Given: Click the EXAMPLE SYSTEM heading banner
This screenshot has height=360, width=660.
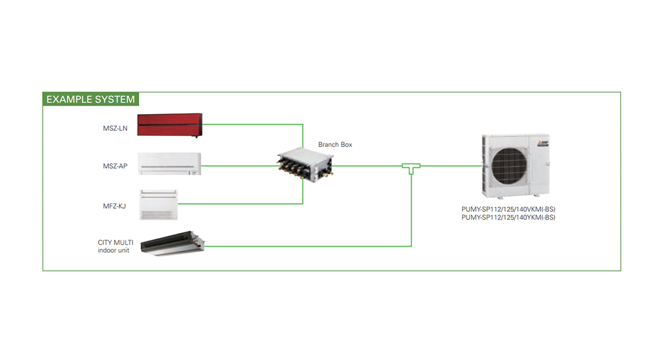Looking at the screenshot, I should [91, 99].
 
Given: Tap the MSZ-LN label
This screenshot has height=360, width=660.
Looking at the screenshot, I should [115, 128].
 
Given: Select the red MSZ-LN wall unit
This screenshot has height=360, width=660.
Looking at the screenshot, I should [170, 125].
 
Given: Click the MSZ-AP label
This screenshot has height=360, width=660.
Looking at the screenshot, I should [115, 166].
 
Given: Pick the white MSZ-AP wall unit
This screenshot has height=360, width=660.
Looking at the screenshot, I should [170, 163].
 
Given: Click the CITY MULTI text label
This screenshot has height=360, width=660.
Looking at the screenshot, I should [116, 242].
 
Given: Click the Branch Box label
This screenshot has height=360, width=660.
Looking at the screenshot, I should [335, 145].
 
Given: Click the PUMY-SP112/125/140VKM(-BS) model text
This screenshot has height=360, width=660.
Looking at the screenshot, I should [508, 209].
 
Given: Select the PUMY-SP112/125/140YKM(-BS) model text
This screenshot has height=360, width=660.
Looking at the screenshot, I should [508, 218].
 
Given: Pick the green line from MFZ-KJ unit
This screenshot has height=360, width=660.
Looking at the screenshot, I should [240, 204].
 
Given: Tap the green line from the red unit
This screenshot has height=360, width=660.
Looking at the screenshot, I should [252, 125].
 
